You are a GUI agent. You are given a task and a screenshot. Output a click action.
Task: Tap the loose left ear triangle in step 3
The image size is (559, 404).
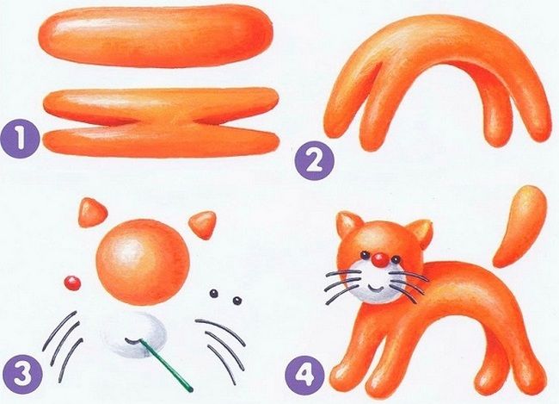(89, 209)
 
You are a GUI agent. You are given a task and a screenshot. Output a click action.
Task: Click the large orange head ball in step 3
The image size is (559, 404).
(144, 260)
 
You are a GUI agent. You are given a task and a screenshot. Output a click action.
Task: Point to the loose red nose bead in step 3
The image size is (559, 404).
(71, 282)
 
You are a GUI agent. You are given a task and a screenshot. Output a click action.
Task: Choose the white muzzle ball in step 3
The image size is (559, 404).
(134, 339)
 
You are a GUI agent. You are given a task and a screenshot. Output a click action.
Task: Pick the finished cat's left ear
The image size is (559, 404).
(347, 226)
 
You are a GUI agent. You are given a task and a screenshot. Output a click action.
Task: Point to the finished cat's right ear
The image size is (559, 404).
(419, 230)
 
